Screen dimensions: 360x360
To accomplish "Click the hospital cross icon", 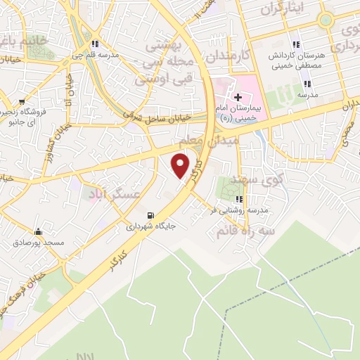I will click(x=237, y=98).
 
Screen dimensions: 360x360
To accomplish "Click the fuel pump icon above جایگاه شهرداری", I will click(x=150, y=215).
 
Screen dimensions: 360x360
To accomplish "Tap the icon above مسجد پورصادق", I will click(x=37, y=231).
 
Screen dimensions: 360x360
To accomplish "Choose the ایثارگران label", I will click(x=283, y=10).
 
